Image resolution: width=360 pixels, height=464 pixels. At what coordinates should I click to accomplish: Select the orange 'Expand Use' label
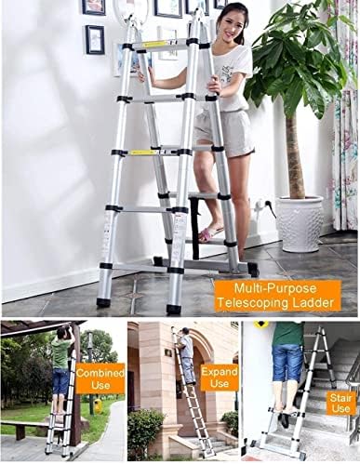[x=220, y=378]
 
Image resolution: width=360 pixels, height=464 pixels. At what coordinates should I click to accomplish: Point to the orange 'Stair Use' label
[x=340, y=402]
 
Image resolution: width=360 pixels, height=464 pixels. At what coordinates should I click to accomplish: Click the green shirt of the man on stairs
[x=287, y=334]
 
